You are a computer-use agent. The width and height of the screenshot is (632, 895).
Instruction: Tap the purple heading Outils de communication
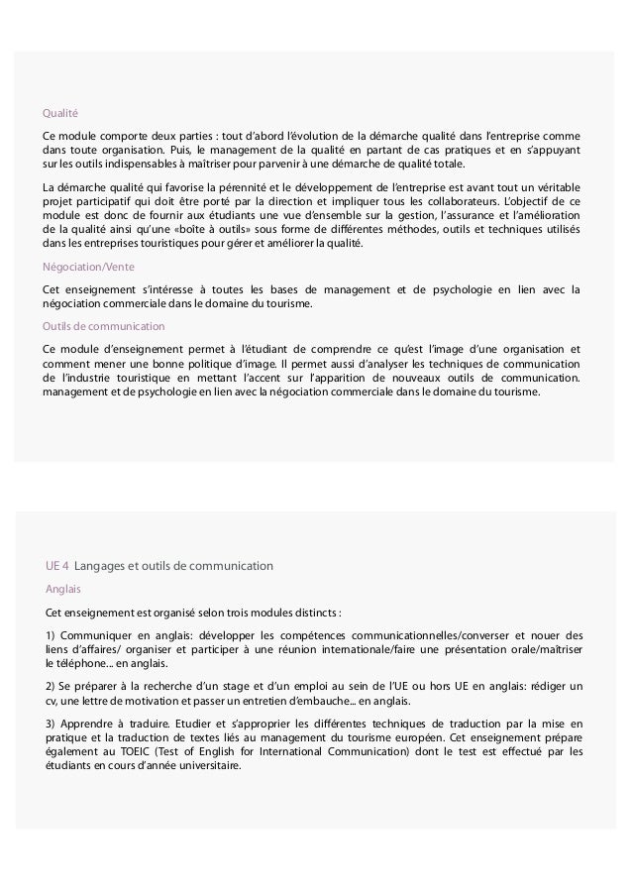(x=103, y=326)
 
